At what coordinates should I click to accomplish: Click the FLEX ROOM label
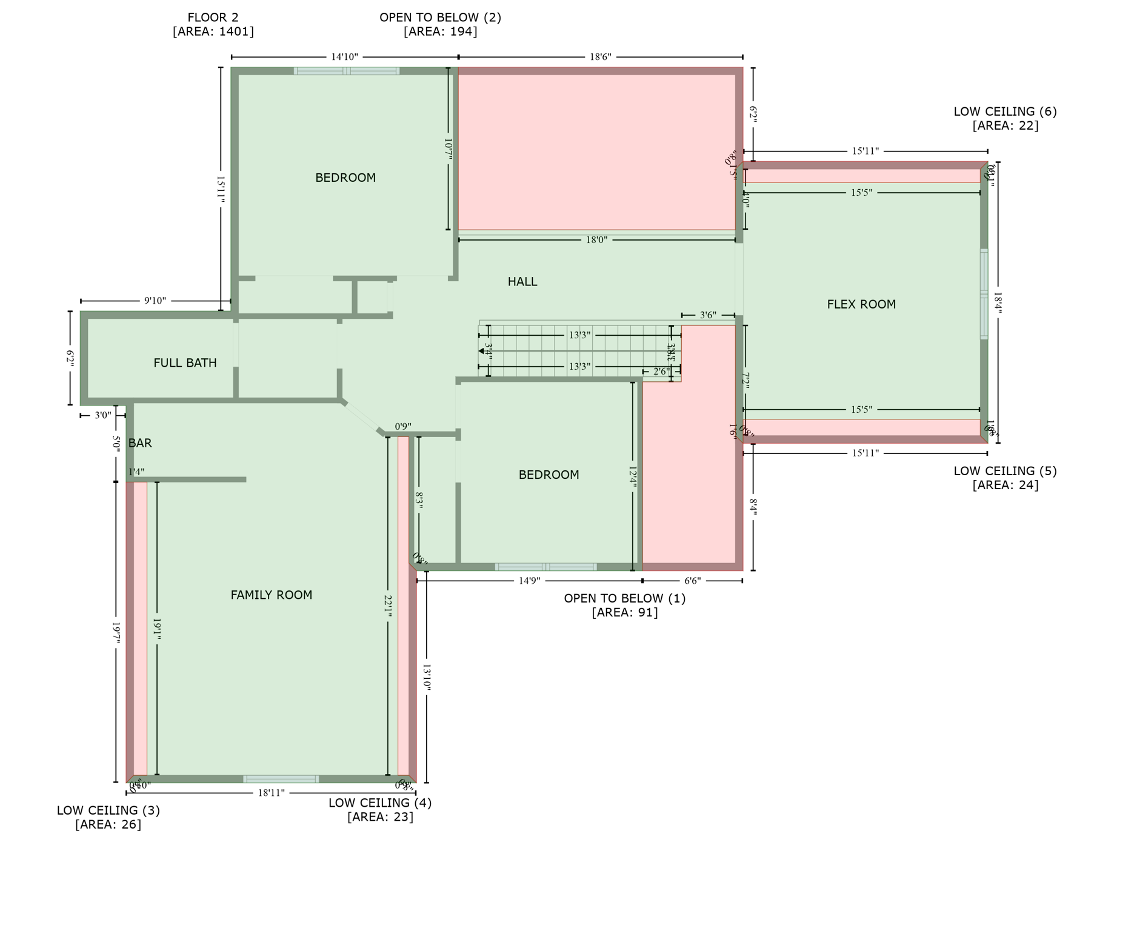pos(861,304)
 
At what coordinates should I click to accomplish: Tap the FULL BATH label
pos(185,363)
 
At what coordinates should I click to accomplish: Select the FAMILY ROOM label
pos(271,595)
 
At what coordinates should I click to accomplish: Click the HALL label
pos(522,282)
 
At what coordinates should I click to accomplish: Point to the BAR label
pos(140,443)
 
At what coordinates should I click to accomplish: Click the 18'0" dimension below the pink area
pos(596,240)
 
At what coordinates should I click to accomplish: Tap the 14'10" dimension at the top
pos(344,57)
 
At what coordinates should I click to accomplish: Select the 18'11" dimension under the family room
pos(271,793)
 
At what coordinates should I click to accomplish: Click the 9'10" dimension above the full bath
pos(155,301)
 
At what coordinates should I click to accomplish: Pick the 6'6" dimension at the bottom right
pos(692,581)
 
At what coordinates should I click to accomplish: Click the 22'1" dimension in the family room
pos(388,606)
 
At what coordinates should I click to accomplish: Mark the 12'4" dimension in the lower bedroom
pos(633,476)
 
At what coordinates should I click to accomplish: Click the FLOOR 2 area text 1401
pos(213,32)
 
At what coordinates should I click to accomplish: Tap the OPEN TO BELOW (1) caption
pos(624,598)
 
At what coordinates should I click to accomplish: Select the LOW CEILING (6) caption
pos(1004,112)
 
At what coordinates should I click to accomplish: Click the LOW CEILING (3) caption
pos(108,810)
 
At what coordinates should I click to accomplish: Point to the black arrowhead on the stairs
pos(481,351)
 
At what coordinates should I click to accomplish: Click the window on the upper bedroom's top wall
pos(346,71)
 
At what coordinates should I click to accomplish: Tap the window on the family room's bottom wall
pos(281,779)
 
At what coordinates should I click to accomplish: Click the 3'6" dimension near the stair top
pos(708,315)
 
